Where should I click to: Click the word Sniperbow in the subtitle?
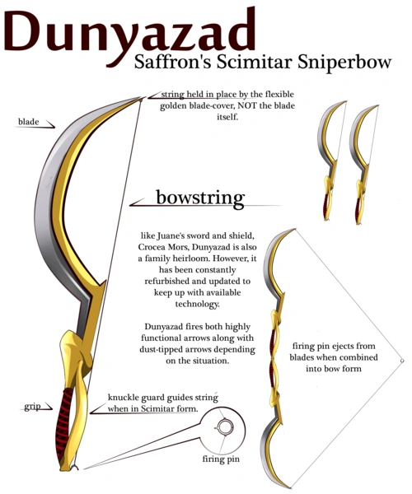pos(344,62)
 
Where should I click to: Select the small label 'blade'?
pos(28,122)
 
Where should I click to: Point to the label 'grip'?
pos(32,407)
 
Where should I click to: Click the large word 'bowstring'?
pos(200,198)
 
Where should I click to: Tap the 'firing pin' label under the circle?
pos(221,459)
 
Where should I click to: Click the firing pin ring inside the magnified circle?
pos(225,427)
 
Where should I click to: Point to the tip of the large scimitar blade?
pos(142,98)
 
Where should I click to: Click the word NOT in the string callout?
pos(247,105)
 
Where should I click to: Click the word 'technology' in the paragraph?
pos(197,305)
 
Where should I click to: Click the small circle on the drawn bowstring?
pos(402,361)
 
